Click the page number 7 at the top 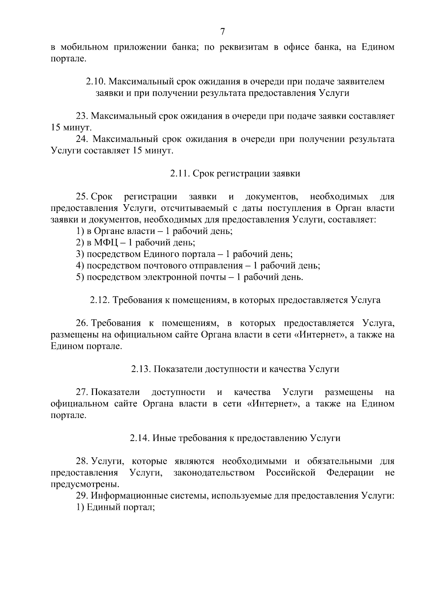[x=222, y=32]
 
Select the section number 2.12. [x=100, y=300]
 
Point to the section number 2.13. [x=141, y=369]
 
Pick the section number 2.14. [x=140, y=438]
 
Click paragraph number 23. [x=82, y=116]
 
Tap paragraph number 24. [x=82, y=139]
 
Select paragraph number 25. [x=82, y=197]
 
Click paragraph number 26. [x=82, y=323]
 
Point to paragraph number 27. [x=82, y=392]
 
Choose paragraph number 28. [x=82, y=461]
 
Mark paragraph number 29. [x=82, y=496]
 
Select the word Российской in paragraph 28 [x=290, y=473]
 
